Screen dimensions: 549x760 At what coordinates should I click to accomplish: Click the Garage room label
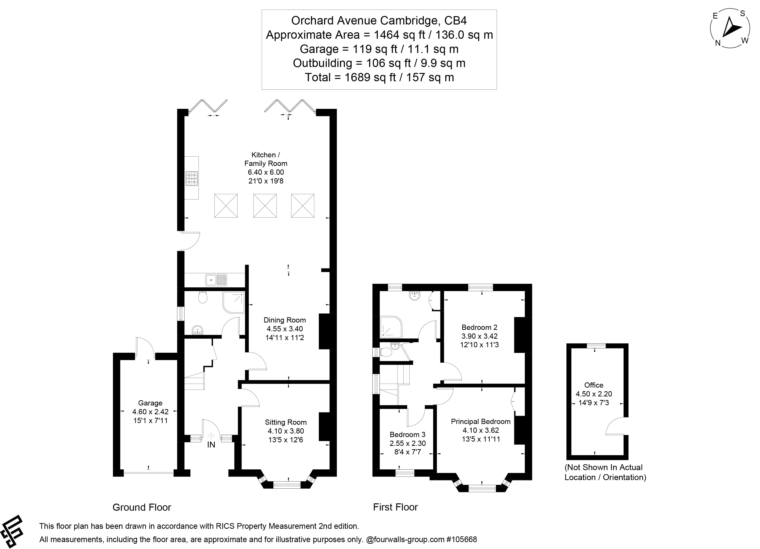tap(150, 403)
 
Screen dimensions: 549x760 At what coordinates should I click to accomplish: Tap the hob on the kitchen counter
tap(192, 178)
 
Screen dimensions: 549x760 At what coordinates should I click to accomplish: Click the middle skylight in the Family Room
tap(265, 206)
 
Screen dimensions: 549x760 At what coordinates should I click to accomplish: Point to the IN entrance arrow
tap(211, 436)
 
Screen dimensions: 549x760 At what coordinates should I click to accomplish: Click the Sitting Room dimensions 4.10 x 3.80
tap(286, 431)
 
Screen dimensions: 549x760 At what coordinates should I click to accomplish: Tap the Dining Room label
tap(285, 320)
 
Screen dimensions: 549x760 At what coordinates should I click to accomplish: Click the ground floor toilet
tap(202, 297)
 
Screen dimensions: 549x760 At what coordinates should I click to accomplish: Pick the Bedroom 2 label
tap(479, 327)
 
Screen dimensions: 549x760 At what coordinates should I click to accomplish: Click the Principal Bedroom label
tap(480, 421)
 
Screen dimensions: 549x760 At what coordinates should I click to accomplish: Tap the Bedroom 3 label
tap(407, 434)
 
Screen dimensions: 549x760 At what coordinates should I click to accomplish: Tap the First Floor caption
tap(395, 507)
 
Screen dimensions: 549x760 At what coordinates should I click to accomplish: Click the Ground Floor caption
tap(142, 507)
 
